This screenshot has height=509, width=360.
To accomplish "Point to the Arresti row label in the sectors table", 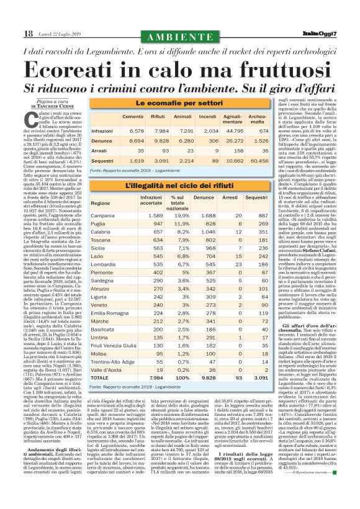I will (100, 150).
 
